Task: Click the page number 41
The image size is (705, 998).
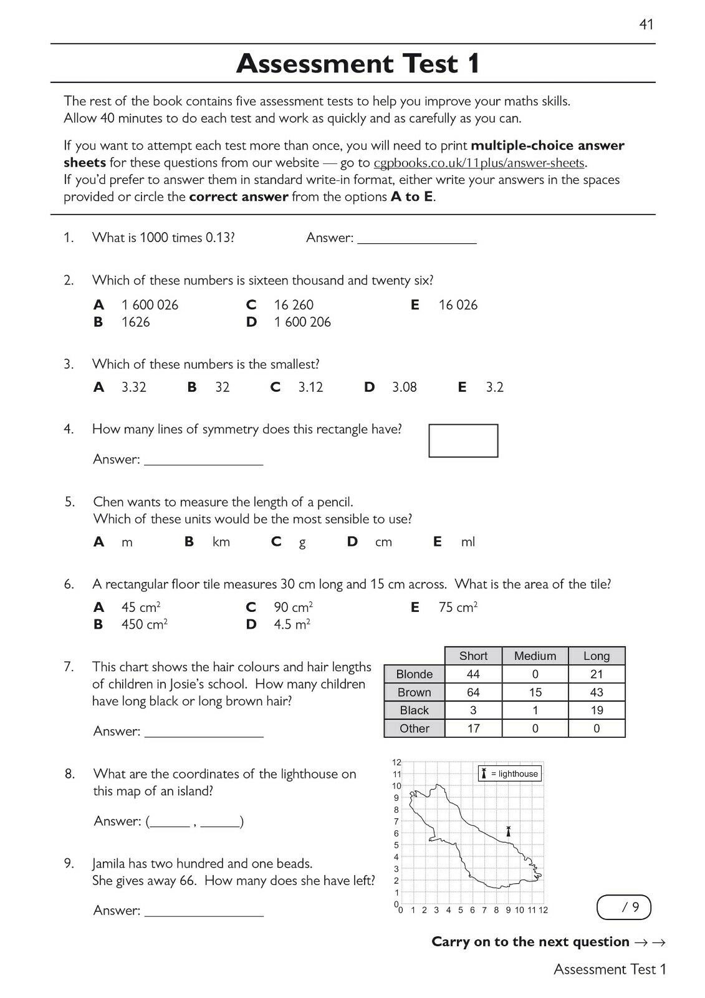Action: click(646, 24)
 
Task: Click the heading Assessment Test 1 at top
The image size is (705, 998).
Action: click(358, 64)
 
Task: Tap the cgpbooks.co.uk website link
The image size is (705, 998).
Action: click(479, 163)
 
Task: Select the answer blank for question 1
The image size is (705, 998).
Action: click(416, 238)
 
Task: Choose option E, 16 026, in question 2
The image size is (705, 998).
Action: click(458, 305)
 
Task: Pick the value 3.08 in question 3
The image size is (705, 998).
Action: click(404, 387)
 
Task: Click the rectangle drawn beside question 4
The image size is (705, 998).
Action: click(463, 440)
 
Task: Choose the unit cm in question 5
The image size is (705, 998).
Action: click(383, 542)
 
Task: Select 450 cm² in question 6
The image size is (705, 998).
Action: click(144, 624)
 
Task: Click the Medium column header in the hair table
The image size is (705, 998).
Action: click(535, 656)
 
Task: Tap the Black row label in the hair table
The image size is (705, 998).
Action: click(414, 710)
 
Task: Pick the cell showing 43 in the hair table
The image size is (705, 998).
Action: click(596, 692)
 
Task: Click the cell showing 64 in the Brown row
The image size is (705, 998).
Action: click(473, 692)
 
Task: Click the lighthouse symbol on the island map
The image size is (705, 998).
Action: click(509, 831)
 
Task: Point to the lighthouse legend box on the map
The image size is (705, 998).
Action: click(510, 774)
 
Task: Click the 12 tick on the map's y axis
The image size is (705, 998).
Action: click(397, 762)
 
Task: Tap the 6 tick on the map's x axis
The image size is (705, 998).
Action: click(472, 910)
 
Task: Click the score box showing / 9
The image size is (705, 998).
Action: click(624, 908)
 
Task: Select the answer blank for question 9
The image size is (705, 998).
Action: click(204, 911)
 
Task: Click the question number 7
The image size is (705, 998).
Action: click(69, 667)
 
